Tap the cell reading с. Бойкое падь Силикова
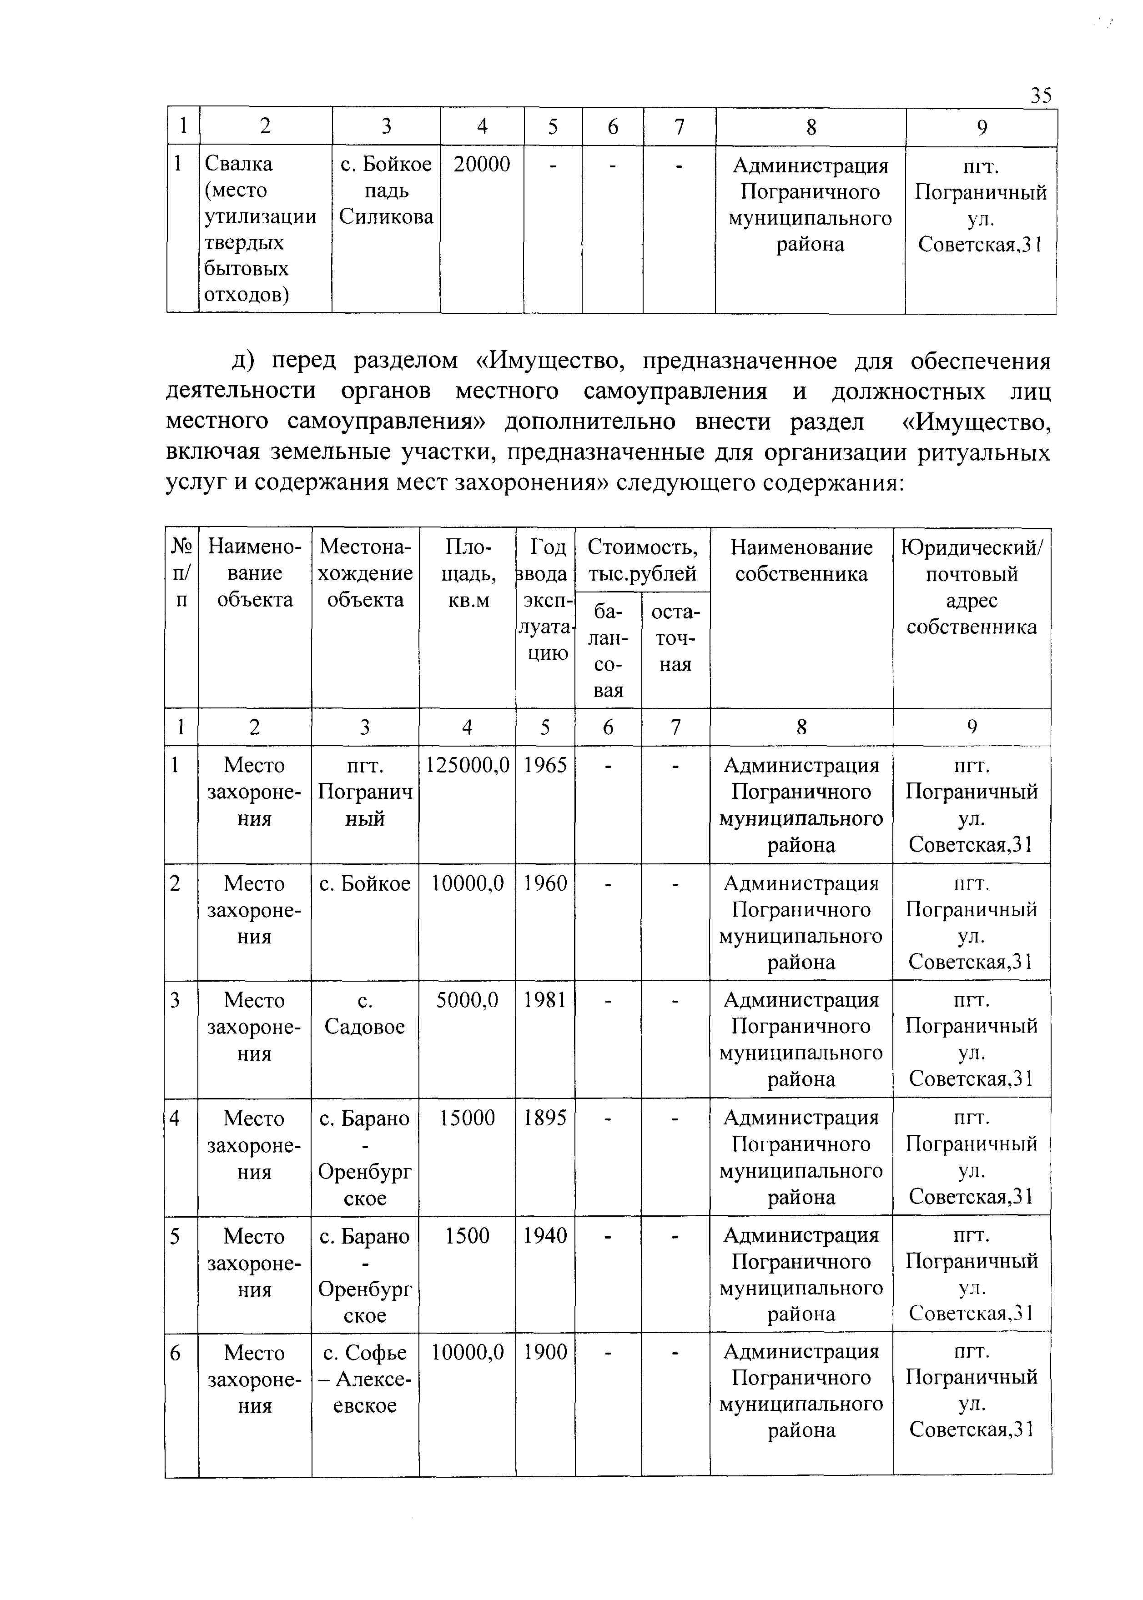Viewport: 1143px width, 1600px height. (386, 191)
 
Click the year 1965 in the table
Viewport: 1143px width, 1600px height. (545, 766)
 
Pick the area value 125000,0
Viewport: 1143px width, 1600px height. (467, 766)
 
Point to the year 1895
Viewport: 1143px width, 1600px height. (545, 1118)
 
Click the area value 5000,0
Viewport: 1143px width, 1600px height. (467, 1001)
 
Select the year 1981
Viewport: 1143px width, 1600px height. (545, 1001)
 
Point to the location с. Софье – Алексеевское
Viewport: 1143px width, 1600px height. (365, 1379)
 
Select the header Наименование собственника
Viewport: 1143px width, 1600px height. (801, 561)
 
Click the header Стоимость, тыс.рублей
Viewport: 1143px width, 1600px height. (642, 561)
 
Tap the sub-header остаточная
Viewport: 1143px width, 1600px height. (676, 638)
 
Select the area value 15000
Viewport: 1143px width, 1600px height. (467, 1118)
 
